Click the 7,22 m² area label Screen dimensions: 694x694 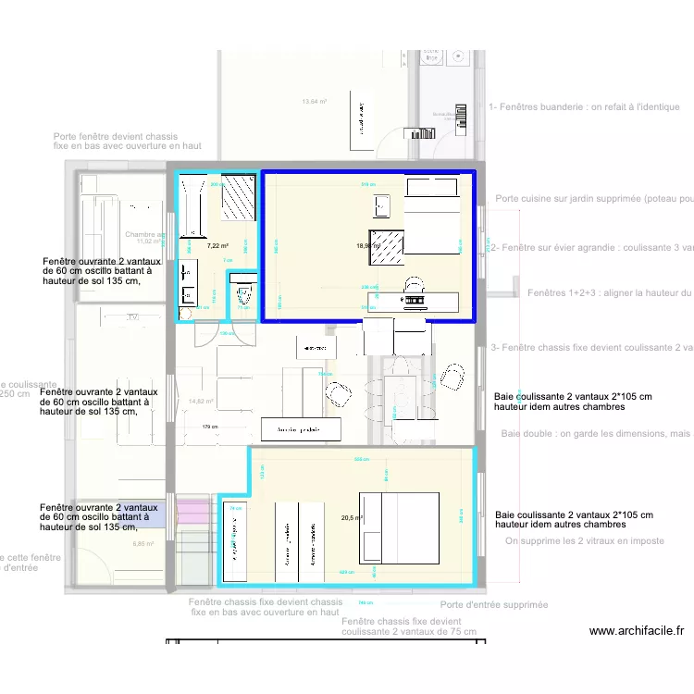pyautogui.click(x=217, y=246)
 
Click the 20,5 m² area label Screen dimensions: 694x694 pyautogui.click(x=352, y=519)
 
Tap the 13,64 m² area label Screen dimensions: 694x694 pyautogui.click(x=315, y=102)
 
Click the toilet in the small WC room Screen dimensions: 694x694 pyautogui.click(x=243, y=297)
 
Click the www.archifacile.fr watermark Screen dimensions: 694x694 pyautogui.click(x=636, y=631)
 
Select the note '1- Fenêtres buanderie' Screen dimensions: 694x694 pyautogui.click(x=584, y=107)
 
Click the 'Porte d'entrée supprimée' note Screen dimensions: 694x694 pyautogui.click(x=493, y=605)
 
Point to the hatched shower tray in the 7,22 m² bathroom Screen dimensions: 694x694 pyautogui.click(x=239, y=197)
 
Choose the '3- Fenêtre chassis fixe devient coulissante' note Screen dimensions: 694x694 pyautogui.click(x=592, y=348)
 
